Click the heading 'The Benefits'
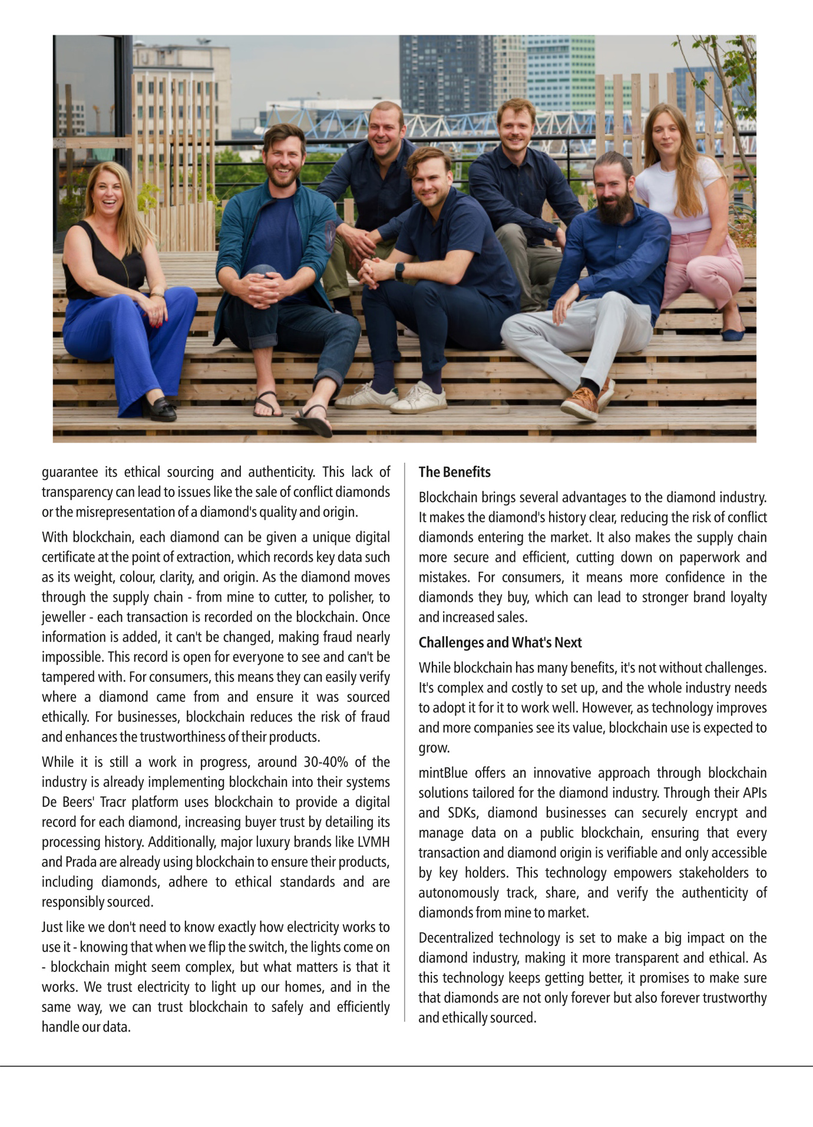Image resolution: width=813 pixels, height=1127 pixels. click(454, 472)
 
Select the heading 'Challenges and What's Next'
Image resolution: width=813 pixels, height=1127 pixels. click(500, 642)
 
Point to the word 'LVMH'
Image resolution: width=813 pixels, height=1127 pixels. click(374, 842)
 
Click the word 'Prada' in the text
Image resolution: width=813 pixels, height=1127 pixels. click(81, 862)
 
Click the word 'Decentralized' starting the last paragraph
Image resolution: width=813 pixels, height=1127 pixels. click(455, 938)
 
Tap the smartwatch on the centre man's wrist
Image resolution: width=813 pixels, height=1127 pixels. click(399, 271)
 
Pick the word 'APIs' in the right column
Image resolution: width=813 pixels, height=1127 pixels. click(754, 793)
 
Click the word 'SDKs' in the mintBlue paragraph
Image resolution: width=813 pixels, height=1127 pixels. click(462, 813)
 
